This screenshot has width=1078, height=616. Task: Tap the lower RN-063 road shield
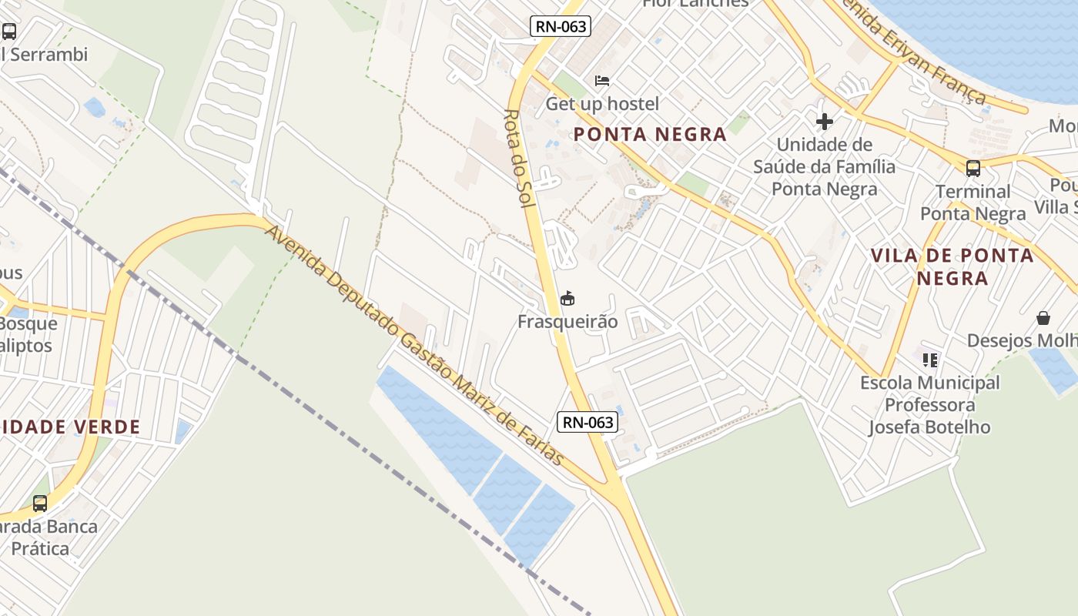(x=588, y=422)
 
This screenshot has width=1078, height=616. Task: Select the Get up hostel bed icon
(x=602, y=81)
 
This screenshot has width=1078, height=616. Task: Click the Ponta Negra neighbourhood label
(x=651, y=135)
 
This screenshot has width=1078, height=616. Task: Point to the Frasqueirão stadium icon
(x=568, y=298)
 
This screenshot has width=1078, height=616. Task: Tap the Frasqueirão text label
(x=567, y=321)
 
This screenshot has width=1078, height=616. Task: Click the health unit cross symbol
(x=824, y=122)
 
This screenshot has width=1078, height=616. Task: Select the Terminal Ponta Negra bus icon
(x=973, y=168)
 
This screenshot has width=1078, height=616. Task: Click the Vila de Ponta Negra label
(x=952, y=266)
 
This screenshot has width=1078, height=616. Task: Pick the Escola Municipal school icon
(x=930, y=360)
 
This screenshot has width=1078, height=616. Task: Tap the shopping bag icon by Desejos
(x=1043, y=318)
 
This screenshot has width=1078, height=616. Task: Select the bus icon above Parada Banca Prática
(x=40, y=504)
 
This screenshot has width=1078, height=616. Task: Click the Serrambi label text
(x=46, y=55)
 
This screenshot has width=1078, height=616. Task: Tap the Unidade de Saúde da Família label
(x=825, y=166)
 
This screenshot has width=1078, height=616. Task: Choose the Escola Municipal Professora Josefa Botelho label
(x=929, y=405)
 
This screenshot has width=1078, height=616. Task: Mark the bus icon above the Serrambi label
(x=9, y=32)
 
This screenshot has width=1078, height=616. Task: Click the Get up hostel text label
(x=602, y=104)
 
